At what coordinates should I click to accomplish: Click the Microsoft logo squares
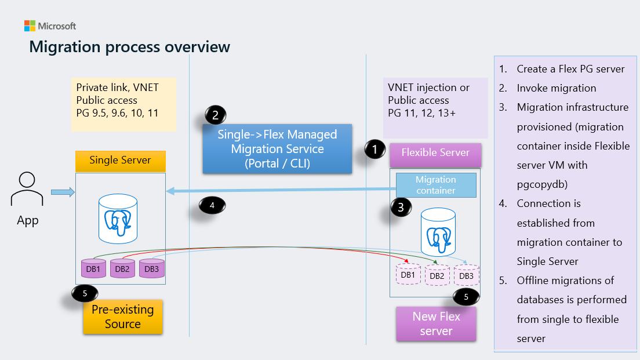(30, 26)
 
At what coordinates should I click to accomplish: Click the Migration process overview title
(129, 46)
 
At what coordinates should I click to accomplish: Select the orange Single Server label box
(121, 160)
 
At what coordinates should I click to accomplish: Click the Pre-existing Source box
(122, 317)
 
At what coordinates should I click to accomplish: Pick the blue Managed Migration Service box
(277, 149)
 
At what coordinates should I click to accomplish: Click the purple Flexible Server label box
(435, 153)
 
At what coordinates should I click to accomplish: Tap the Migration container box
(435, 185)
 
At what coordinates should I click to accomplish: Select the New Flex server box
(436, 324)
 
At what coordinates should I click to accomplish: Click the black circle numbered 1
(375, 150)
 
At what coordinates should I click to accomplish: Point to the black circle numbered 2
(215, 115)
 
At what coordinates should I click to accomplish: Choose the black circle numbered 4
(212, 205)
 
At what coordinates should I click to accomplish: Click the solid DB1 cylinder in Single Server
(93, 268)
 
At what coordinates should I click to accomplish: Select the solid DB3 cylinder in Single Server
(151, 268)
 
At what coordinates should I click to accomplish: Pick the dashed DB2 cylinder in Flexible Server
(437, 275)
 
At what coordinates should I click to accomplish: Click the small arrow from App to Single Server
(63, 192)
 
